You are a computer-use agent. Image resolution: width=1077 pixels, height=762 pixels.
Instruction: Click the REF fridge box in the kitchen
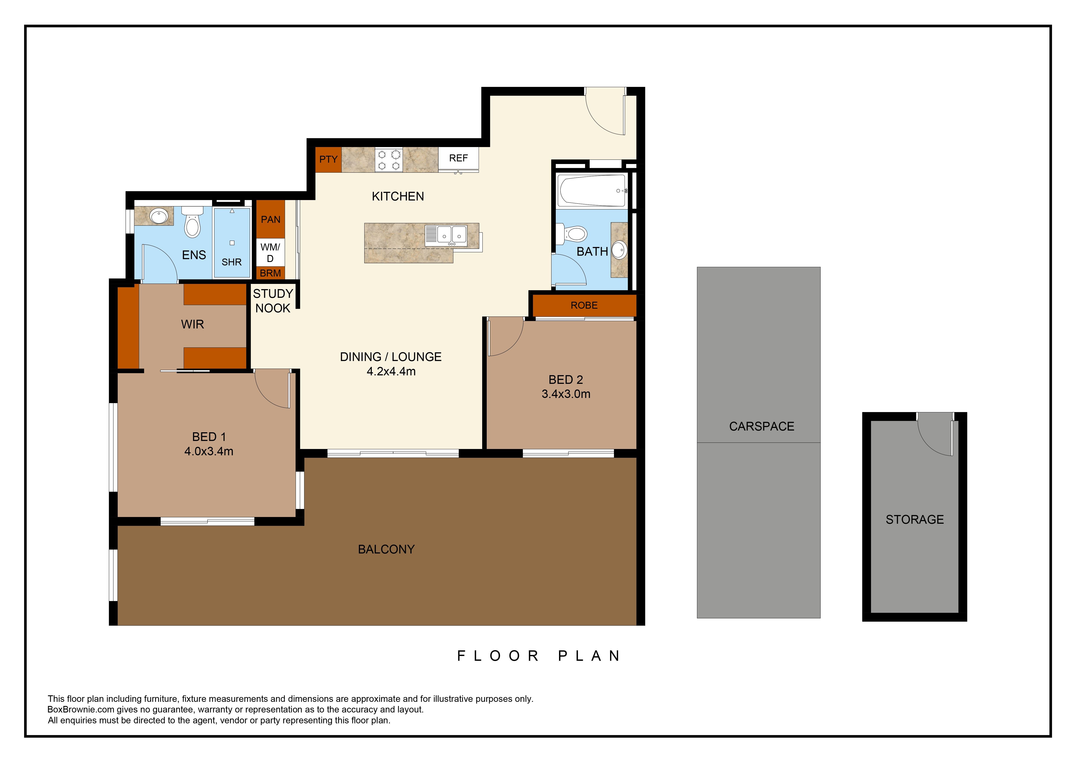tap(458, 159)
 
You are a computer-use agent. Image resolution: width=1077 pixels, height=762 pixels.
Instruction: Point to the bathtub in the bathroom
tap(592, 190)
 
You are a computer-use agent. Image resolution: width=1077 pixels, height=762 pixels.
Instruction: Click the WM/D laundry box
tap(270, 252)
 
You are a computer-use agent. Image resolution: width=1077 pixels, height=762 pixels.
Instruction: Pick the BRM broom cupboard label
tap(270, 273)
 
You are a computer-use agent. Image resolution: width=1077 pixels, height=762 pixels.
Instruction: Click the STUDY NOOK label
tap(273, 301)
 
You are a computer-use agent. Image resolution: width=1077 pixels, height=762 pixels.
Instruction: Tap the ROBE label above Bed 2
tap(584, 305)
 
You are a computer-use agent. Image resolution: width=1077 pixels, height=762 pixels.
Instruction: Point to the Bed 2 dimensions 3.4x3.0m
tap(566, 394)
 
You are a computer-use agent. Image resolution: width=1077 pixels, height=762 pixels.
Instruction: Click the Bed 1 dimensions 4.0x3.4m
tap(209, 451)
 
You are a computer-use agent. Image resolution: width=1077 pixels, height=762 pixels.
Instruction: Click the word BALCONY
tap(386, 549)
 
